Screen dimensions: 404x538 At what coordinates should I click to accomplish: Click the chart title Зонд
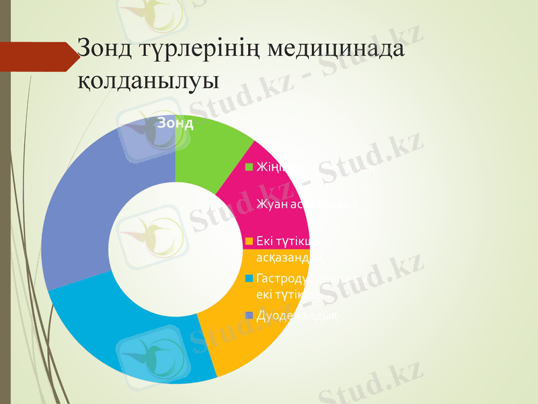[x=176, y=123]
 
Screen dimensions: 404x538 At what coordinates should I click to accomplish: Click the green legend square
[x=248, y=167]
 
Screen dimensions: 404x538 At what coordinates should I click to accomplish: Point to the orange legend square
[x=248, y=240]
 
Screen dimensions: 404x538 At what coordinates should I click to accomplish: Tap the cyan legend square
[x=248, y=278]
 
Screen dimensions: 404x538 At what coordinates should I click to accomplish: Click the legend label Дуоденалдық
[x=296, y=316]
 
